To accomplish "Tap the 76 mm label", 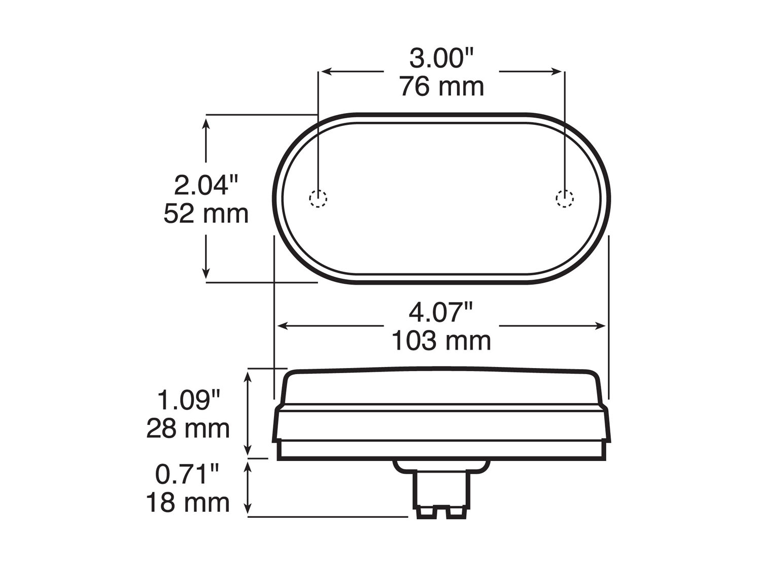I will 441,86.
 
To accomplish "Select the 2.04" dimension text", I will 206,185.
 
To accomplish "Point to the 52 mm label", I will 206,214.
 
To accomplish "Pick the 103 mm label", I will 441,341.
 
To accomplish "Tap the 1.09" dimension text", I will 189,401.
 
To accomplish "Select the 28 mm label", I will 188,429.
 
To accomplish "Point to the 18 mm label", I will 188,503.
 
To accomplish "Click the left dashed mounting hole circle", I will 318,198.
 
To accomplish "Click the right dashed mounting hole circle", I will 565,198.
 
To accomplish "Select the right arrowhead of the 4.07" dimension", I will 601,326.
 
